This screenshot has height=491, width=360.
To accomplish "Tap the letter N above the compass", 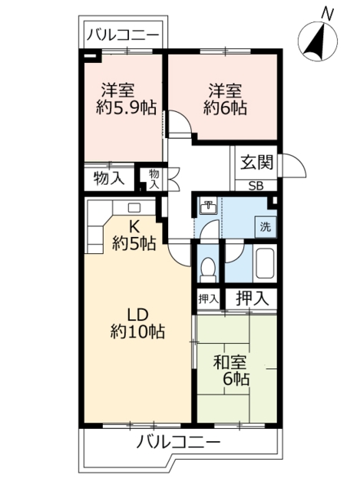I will pyautogui.click(x=328, y=12).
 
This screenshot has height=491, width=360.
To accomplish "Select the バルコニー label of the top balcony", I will pyautogui.click(x=123, y=35).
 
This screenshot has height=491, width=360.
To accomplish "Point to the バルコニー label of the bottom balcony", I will pyautogui.click(x=179, y=443).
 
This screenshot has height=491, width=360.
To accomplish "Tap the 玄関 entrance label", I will pyautogui.click(x=255, y=162).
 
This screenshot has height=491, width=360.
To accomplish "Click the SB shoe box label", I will pyautogui.click(x=255, y=185).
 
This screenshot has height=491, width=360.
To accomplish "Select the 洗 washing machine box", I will pyautogui.click(x=264, y=227).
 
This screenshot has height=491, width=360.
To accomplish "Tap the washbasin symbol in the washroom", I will pyautogui.click(x=208, y=206).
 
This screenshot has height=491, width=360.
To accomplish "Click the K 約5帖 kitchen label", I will pyautogui.click(x=134, y=236).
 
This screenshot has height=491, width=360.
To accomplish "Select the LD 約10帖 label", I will pyautogui.click(x=137, y=323).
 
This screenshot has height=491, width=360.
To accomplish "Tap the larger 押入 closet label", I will pyautogui.click(x=252, y=298).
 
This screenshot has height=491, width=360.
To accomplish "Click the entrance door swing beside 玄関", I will pyautogui.click(x=292, y=166).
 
